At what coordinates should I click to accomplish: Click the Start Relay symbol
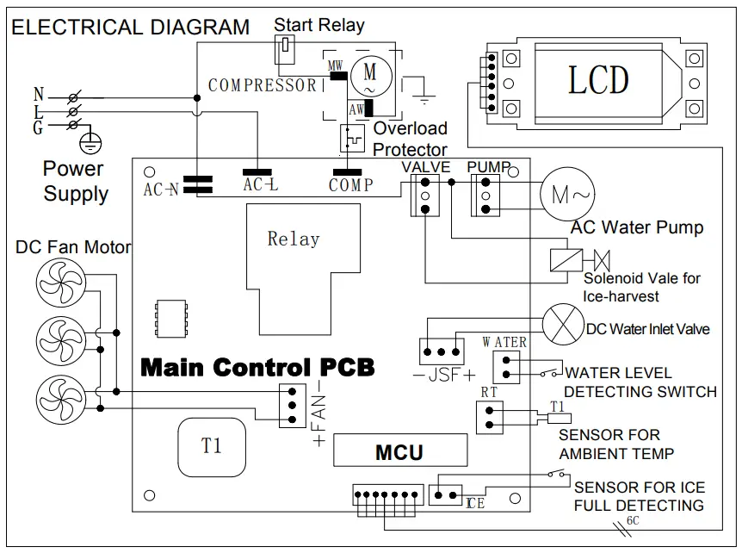click(282, 53)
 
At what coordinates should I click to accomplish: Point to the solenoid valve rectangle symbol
click(565, 259)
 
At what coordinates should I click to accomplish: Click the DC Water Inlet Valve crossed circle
click(562, 327)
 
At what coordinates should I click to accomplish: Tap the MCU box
click(399, 450)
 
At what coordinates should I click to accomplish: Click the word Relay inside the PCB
click(293, 239)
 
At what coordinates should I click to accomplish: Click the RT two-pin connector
click(488, 417)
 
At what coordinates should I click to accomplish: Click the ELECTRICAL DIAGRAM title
click(130, 27)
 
